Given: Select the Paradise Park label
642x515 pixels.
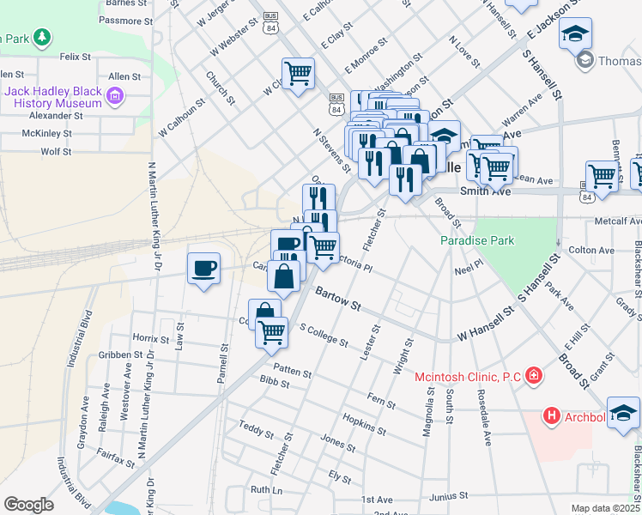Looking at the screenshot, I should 477,240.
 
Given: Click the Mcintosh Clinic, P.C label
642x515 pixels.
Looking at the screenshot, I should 468,376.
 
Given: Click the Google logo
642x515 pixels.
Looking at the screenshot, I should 28,505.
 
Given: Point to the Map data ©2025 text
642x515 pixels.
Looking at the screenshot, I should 605,508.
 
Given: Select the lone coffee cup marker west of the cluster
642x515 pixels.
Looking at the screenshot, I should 203,269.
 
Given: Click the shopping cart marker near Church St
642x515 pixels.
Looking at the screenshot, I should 298,74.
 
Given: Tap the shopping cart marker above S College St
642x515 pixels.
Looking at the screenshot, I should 271,331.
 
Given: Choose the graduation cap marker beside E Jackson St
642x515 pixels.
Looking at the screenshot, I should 575,34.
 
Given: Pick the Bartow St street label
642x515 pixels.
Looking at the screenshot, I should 337,300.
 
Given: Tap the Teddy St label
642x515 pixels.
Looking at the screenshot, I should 256,427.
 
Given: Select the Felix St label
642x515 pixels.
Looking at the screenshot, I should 76,57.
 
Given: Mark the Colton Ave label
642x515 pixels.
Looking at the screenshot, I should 592,251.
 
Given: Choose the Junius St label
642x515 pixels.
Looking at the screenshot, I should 450,495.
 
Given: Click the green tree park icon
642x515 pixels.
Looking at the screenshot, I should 40,38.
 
